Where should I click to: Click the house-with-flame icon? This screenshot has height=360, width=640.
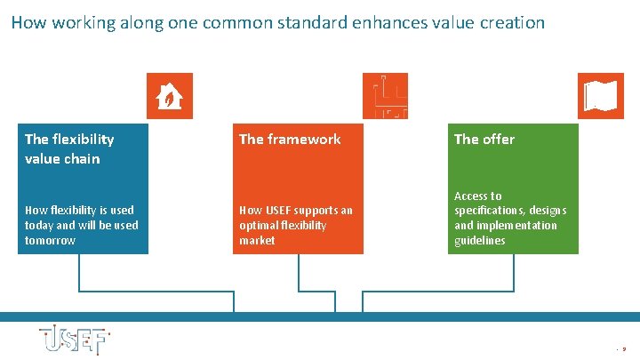coord(169,95)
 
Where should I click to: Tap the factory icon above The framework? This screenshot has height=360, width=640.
coord(385,95)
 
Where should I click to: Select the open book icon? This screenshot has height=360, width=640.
coord(601,95)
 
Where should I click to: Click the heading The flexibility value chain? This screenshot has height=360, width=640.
coord(69,148)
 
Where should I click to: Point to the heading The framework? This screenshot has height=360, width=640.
coord(290,139)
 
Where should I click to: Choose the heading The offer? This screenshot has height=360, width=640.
coord(484,139)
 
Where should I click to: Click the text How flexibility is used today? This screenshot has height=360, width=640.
coord(80,217)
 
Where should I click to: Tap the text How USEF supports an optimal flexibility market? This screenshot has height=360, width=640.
coord(296,225)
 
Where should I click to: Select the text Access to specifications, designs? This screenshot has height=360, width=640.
coord(509,203)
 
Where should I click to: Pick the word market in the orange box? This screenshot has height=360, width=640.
coord(257,241)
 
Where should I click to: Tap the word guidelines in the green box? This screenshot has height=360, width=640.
coord(479,241)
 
